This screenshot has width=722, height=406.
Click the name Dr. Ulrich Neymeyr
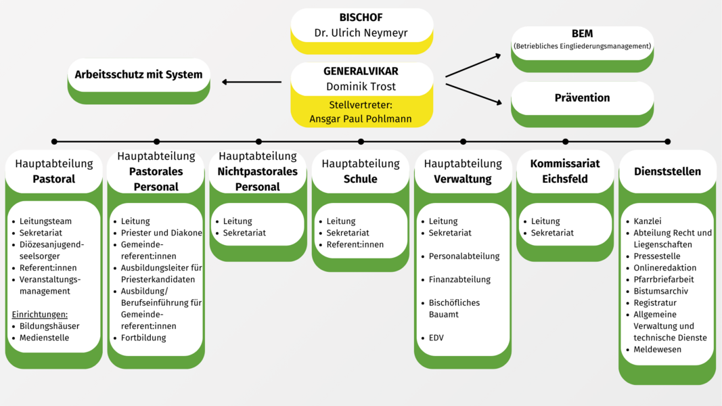(361, 32)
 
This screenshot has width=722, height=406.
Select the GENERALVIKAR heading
(361, 71)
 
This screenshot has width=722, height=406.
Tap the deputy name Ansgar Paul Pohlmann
(361, 118)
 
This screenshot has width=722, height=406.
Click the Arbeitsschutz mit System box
(139, 74)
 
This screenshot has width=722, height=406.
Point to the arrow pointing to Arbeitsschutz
(252, 83)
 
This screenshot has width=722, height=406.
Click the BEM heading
(582, 34)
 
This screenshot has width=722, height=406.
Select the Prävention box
(582, 98)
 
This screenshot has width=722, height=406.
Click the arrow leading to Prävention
(474, 93)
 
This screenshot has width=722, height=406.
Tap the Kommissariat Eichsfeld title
(564, 171)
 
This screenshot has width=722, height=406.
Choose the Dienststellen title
(667, 171)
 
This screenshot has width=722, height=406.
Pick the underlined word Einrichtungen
(40, 315)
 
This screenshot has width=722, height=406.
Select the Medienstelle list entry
(44, 338)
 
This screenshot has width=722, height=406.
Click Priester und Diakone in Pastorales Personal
(161, 233)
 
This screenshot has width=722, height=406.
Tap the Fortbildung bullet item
(143, 338)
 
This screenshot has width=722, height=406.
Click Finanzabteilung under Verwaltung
(459, 279)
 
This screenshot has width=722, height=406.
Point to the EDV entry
(436, 338)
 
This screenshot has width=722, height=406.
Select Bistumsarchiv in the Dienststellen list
(660, 291)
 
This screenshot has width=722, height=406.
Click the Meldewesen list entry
(657, 349)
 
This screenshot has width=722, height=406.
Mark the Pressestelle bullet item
(657, 256)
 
